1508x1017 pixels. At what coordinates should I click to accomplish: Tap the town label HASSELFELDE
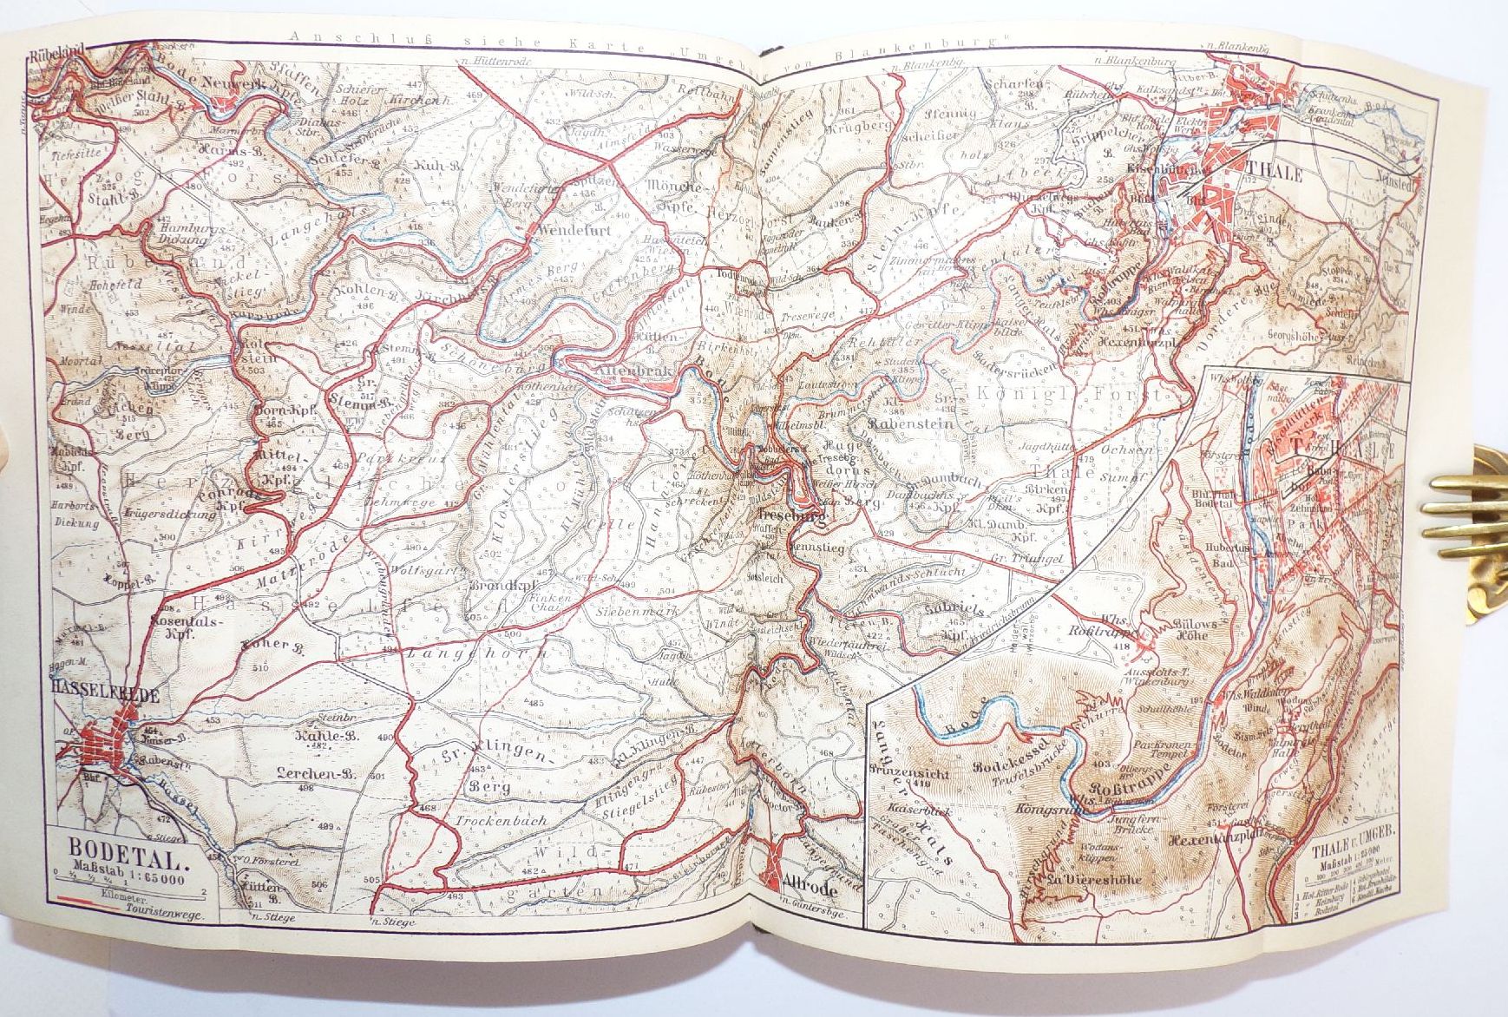[94, 688]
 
